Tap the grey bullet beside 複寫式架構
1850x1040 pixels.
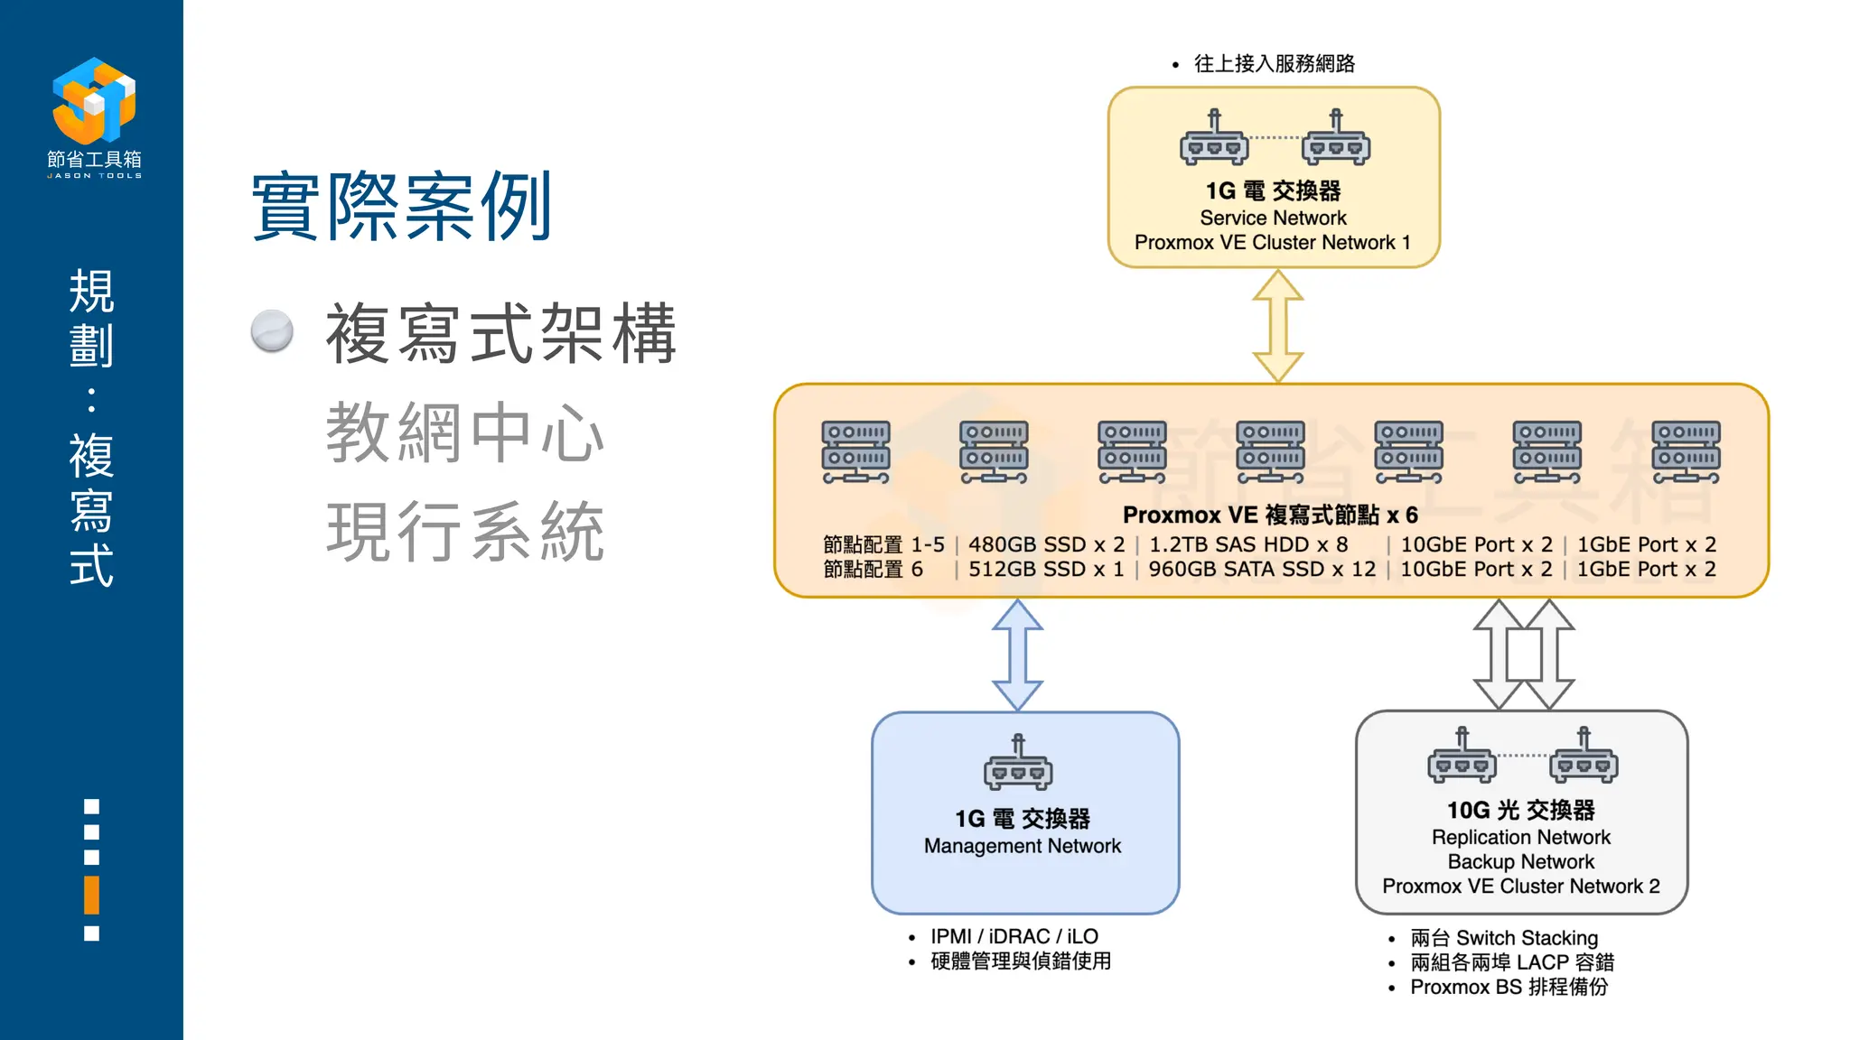tap(272, 331)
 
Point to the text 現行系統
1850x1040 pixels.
tap(465, 532)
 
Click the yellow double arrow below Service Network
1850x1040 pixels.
tap(1277, 326)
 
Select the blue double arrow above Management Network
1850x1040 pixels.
tap(1017, 655)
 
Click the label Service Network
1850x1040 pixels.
tap(1273, 218)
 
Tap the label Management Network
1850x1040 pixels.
tap(1022, 846)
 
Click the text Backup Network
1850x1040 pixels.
tap(1520, 861)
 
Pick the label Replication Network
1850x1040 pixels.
tap(1520, 837)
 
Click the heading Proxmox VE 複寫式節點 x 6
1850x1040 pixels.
tap(1270, 515)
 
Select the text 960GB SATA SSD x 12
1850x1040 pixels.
tap(1262, 569)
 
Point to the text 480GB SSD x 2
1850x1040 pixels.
tap(1046, 544)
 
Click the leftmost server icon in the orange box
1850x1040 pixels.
tap(855, 451)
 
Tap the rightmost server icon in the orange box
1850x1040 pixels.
tap(1686, 451)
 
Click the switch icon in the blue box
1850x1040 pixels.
tap(1018, 763)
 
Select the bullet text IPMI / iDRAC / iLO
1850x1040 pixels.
tap(1014, 936)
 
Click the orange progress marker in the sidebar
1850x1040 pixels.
tap(91, 895)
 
